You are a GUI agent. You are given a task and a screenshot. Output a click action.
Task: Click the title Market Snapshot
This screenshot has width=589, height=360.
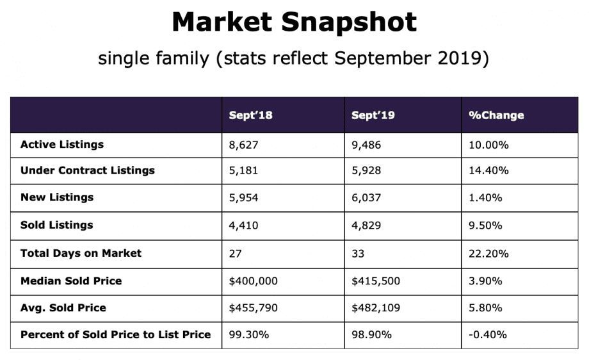coord(294,22)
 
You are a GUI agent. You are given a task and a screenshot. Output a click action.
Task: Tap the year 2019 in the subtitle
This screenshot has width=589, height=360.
coord(462,58)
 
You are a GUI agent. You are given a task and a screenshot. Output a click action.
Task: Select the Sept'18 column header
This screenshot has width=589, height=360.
coord(250,115)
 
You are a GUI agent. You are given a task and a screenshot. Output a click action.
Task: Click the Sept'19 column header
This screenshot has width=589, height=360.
coord(373,115)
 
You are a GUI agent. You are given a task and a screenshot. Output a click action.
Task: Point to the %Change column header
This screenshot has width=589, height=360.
coord(496,115)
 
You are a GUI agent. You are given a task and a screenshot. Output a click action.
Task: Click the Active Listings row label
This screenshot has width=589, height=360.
coord(62,145)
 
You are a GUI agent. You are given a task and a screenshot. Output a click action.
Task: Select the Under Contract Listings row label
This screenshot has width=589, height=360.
coord(88,170)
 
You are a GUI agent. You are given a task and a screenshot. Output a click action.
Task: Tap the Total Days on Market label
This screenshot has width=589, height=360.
coord(81,253)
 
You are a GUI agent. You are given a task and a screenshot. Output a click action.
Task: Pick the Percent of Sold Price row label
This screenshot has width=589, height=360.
coord(115,334)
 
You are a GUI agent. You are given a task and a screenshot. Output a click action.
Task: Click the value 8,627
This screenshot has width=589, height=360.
coord(243,145)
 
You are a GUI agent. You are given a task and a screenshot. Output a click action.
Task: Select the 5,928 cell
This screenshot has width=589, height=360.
coord(366,170)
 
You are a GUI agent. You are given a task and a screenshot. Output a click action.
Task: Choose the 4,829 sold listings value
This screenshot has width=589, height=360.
coord(366,225)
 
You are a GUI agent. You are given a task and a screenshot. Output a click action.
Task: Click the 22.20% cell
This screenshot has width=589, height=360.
coord(488,253)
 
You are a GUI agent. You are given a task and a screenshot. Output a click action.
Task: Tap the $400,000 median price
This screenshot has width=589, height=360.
coord(254,281)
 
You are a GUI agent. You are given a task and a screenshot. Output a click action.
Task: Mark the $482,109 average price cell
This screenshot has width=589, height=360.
coord(376,307)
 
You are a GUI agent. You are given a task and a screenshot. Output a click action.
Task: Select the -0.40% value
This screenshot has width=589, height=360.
coord(488,334)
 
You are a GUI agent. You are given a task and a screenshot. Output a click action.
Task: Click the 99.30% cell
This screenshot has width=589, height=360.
coord(248,334)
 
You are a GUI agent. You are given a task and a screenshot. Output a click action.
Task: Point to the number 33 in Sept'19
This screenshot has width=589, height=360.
coord(358,253)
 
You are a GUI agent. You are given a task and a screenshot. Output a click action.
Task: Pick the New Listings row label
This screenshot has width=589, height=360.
coord(57,197)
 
